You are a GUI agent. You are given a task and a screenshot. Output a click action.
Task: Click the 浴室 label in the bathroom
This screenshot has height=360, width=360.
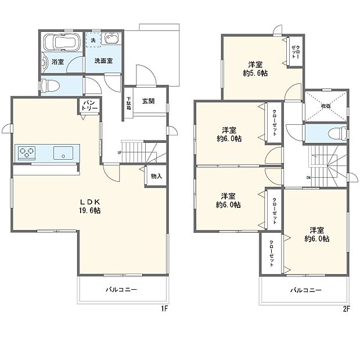pyautogui.click(x=57, y=61)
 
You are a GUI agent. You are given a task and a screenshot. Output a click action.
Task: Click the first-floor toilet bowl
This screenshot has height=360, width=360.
pyautogui.click(x=49, y=86)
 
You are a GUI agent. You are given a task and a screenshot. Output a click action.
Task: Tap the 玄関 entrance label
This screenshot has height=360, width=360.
pyautogui.click(x=148, y=100)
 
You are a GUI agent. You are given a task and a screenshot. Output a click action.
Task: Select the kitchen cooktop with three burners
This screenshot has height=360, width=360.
pyautogui.click(x=27, y=153)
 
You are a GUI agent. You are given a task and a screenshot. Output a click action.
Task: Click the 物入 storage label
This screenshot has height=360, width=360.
pyautogui.click(x=155, y=175)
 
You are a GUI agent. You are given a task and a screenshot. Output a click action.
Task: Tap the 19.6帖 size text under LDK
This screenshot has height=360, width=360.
pyautogui.click(x=89, y=211)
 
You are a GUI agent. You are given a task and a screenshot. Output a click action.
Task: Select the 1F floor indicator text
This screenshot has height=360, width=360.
pyautogui.click(x=164, y=308)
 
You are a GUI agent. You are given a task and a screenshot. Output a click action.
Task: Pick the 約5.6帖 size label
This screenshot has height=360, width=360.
pyautogui.click(x=255, y=73)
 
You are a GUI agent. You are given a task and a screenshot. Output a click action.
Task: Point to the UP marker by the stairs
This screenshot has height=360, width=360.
pyautogui.click(x=120, y=153)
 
